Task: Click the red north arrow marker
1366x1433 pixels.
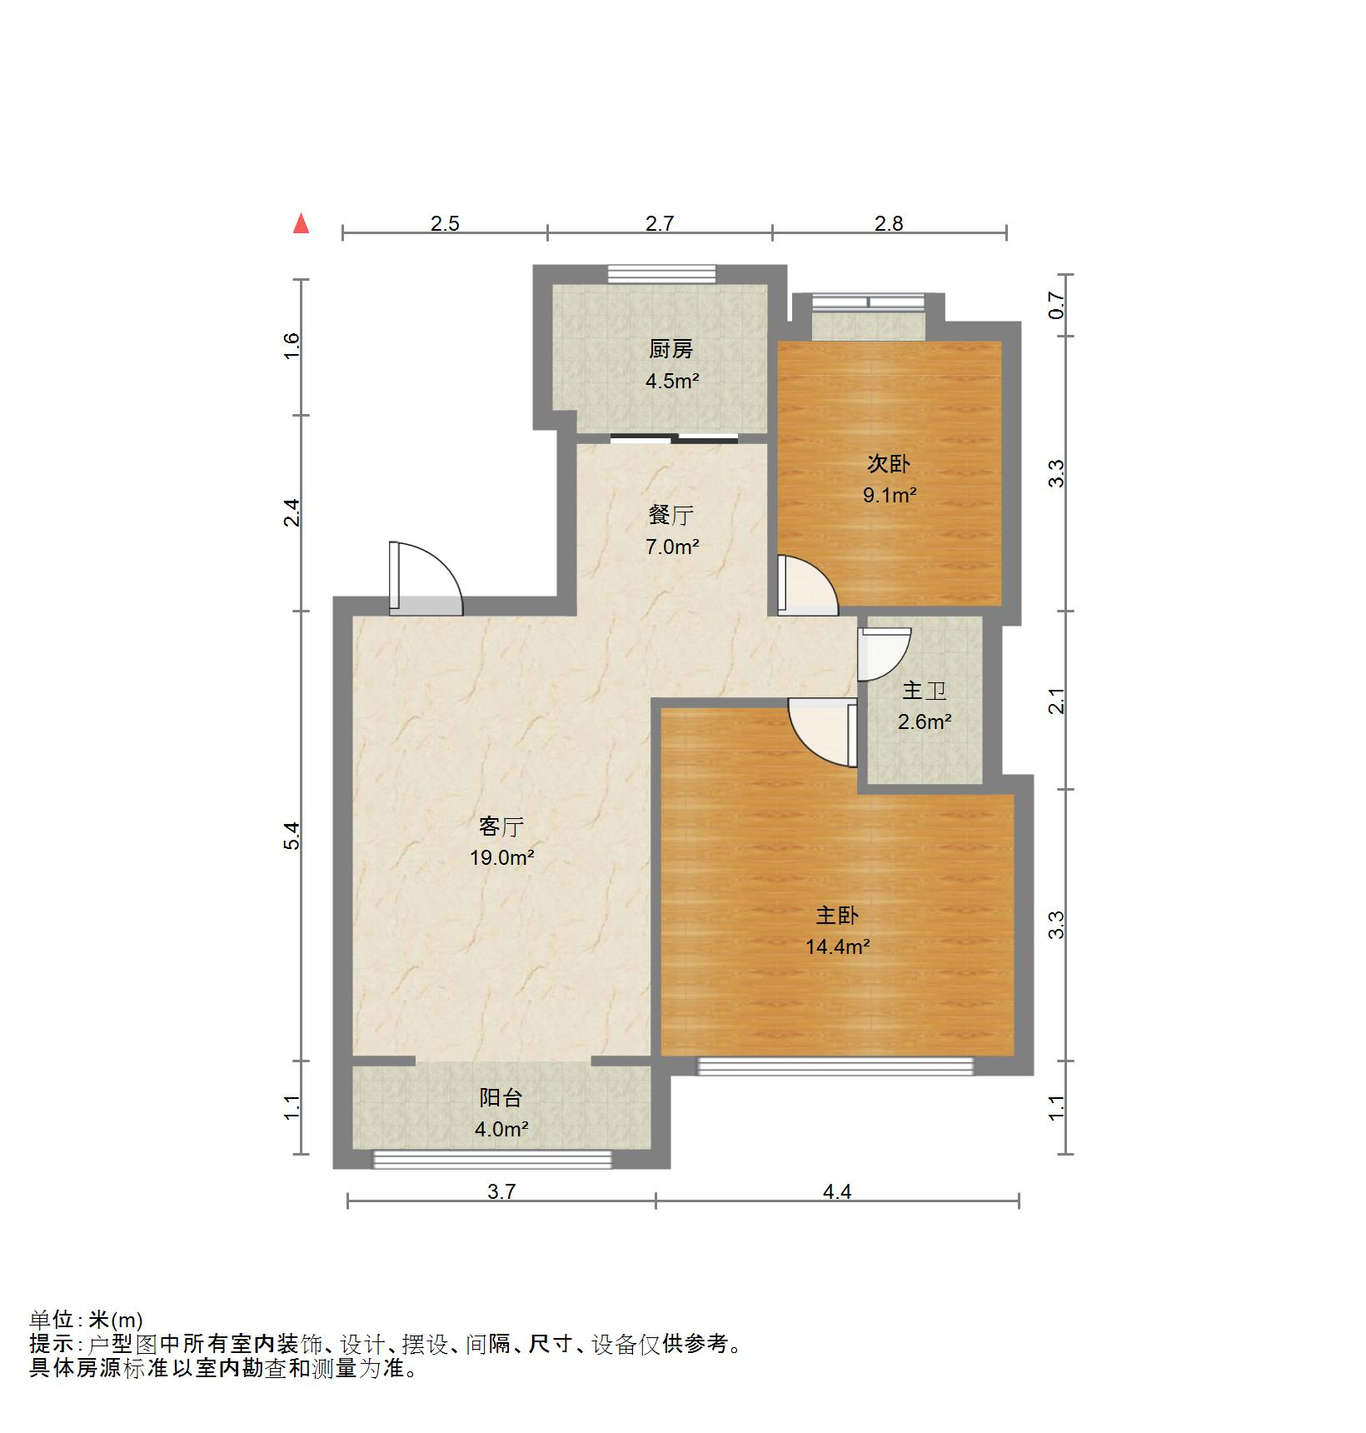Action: point(302,224)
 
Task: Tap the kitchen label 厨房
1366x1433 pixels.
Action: point(671,349)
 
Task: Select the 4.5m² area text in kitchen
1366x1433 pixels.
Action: point(671,382)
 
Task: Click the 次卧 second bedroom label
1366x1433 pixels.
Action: point(889,463)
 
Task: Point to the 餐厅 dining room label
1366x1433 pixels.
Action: point(671,515)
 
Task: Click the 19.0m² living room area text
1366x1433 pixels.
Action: point(501,857)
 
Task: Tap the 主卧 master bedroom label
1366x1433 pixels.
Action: point(836,915)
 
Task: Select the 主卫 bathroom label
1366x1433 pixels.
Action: point(924,691)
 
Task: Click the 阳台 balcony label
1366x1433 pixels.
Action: point(501,1098)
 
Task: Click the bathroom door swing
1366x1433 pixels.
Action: point(885,653)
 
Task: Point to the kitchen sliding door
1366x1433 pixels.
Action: point(674,438)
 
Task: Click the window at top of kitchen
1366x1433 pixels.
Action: point(661,273)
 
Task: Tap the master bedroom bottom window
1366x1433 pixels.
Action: point(835,1066)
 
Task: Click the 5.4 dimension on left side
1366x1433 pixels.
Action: point(291,835)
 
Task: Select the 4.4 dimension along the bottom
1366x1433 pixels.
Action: point(836,1191)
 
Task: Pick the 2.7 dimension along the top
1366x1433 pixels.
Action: point(659,223)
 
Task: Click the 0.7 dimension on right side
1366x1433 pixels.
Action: point(1056,306)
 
